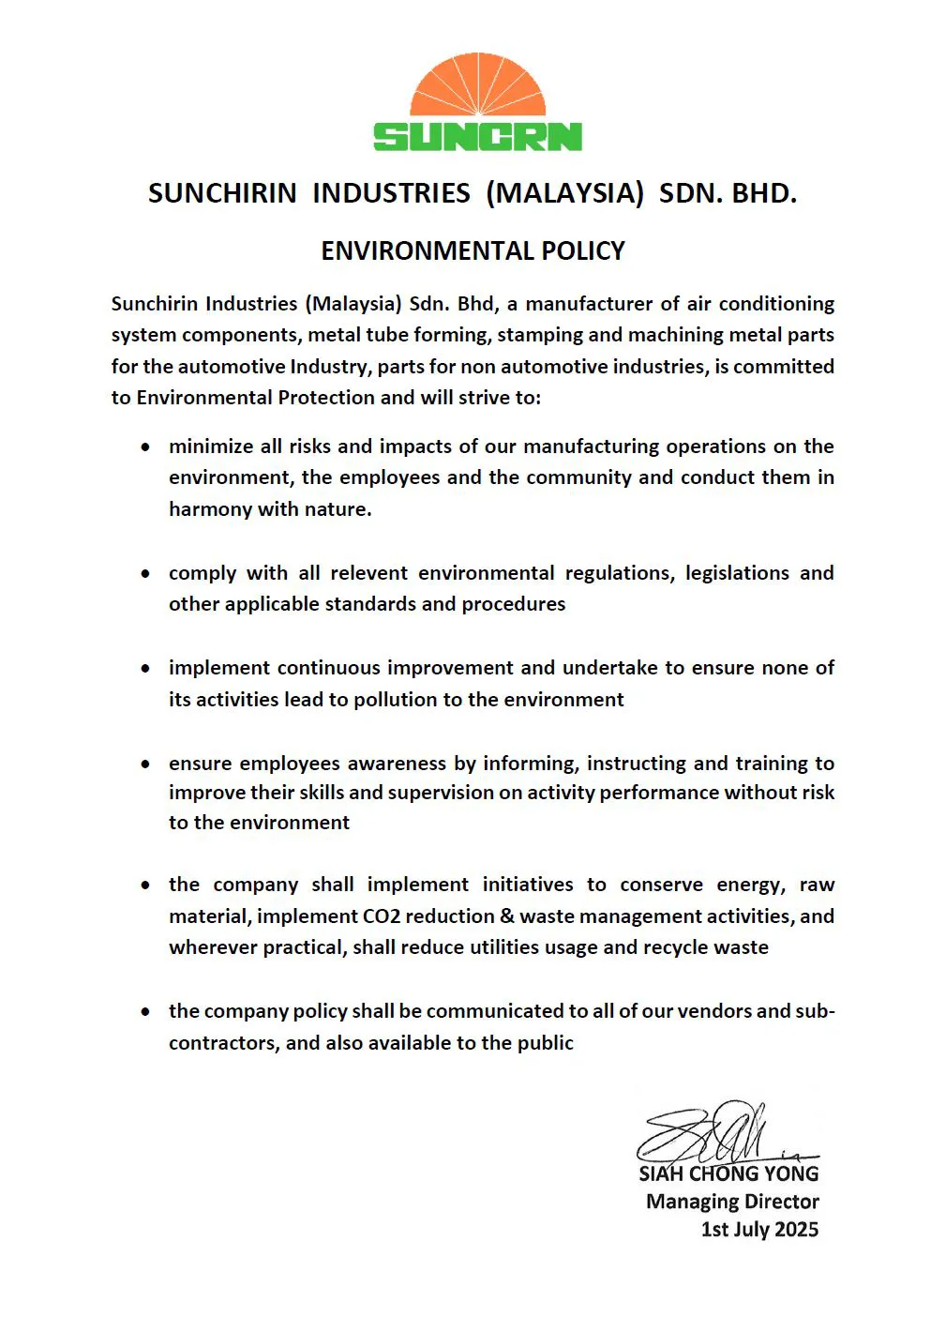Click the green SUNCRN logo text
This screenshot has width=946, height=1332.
point(477,137)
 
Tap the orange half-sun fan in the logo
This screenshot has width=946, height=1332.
point(478,87)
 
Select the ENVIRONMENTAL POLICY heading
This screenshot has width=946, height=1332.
point(473,251)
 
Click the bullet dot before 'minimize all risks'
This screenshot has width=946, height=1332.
point(145,447)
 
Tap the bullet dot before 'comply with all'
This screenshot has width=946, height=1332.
point(145,574)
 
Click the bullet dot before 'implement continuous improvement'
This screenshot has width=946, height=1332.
point(145,669)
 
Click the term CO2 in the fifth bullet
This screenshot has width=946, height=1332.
point(382,916)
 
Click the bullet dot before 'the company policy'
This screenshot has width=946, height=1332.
point(145,1012)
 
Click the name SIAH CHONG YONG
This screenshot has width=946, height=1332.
point(728,1173)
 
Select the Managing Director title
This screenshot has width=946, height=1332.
point(732,1202)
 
